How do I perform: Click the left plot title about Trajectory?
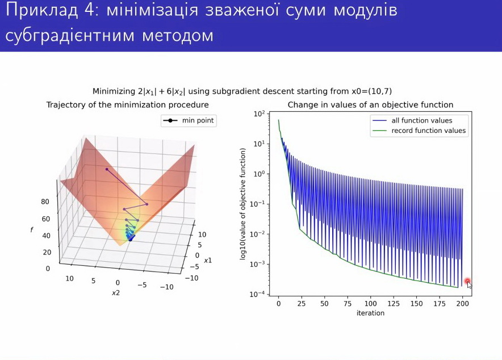(x=127, y=105)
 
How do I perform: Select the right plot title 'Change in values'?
(x=370, y=105)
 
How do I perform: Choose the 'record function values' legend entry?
(x=428, y=131)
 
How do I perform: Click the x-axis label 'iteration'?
(x=370, y=313)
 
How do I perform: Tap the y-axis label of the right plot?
(x=242, y=204)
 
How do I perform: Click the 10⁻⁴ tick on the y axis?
(x=259, y=294)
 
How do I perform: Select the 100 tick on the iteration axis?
(x=370, y=303)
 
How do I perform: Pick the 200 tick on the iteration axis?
(x=463, y=303)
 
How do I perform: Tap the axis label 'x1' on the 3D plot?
(x=208, y=260)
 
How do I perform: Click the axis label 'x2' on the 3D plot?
(x=115, y=293)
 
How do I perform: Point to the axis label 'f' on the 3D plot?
(x=32, y=229)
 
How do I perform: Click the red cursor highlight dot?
(x=467, y=281)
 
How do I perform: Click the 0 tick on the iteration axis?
(x=278, y=303)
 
